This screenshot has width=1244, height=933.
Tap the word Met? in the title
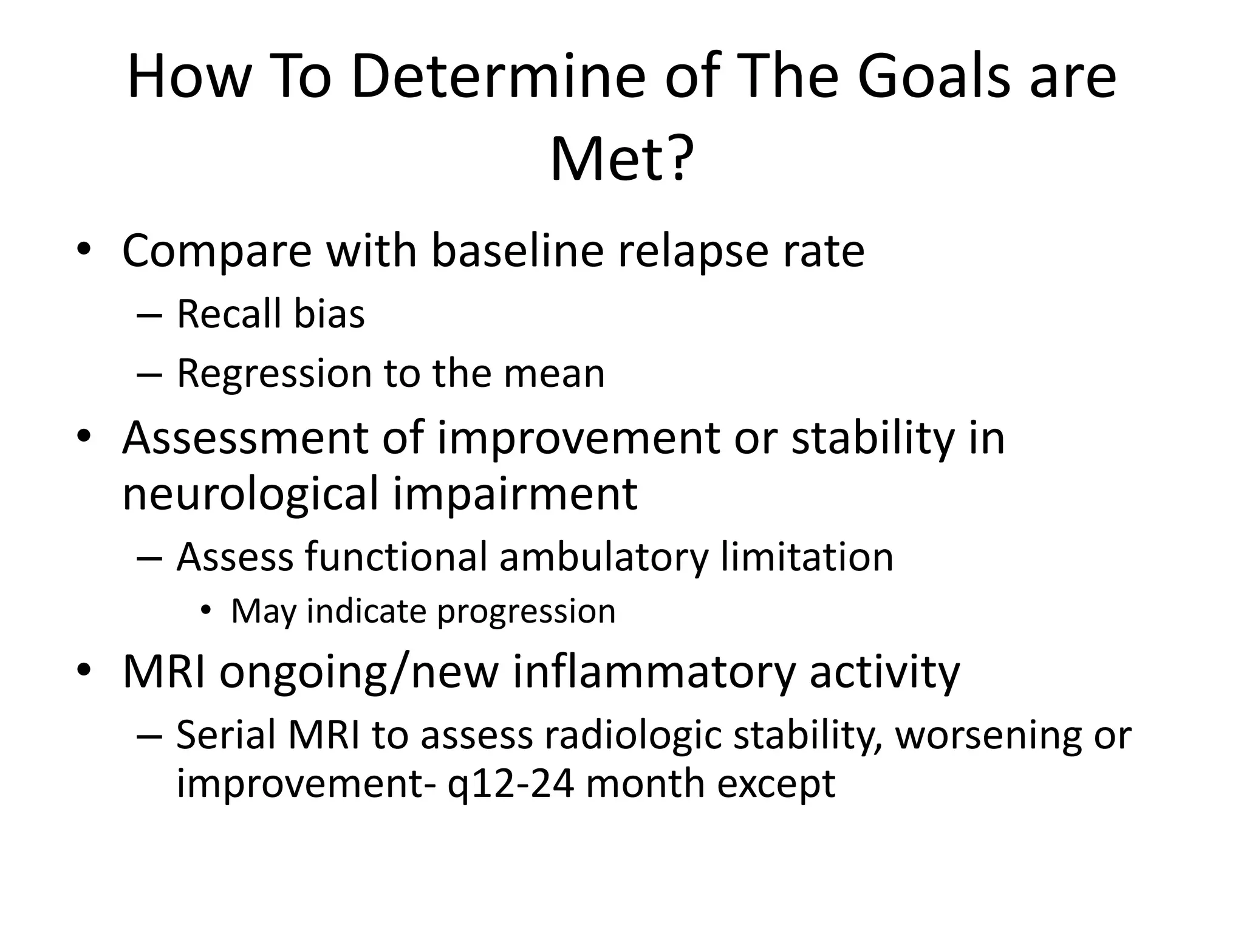[x=621, y=159]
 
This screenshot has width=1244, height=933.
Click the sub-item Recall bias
[x=270, y=314]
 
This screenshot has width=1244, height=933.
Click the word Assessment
[x=245, y=438]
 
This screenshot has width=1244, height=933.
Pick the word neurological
[x=250, y=494]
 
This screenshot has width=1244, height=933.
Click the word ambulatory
[x=604, y=557]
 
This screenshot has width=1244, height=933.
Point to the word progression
[x=526, y=612]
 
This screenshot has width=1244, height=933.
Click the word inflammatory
[x=654, y=672]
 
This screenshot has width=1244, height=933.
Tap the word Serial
[x=226, y=735]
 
